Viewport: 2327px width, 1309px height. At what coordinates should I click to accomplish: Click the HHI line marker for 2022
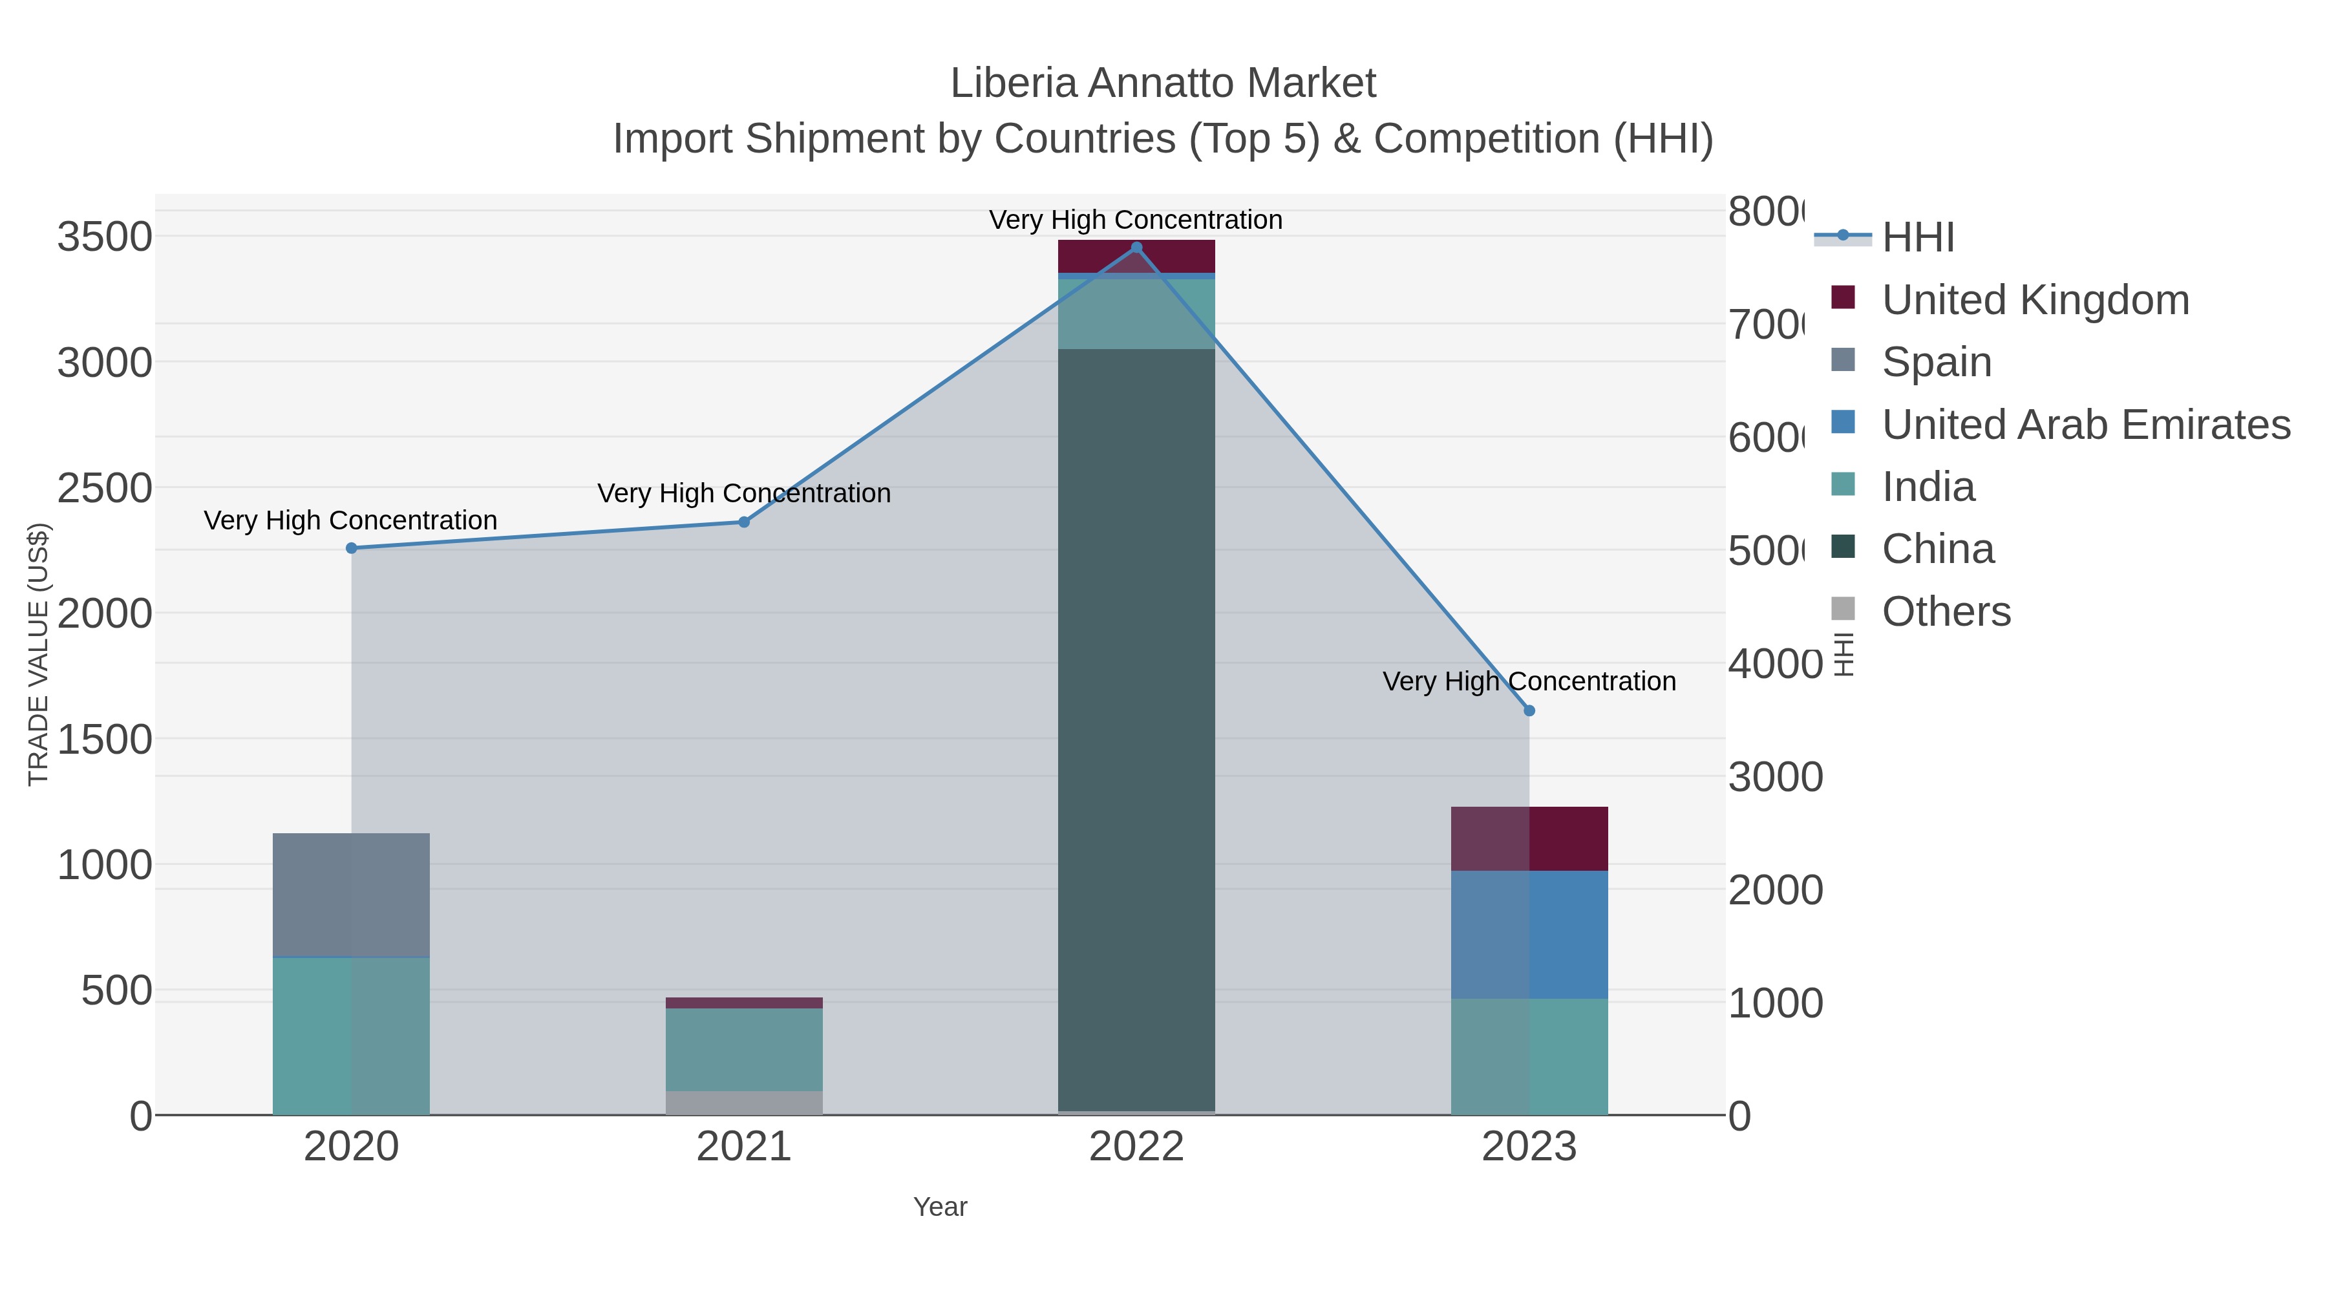coord(1136,248)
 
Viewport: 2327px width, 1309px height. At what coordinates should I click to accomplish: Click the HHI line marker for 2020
coord(352,548)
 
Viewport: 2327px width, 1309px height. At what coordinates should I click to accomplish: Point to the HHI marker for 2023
coord(1529,711)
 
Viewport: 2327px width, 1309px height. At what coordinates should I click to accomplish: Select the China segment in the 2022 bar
coord(1136,723)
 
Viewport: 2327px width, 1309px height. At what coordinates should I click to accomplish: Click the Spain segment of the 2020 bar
coord(352,895)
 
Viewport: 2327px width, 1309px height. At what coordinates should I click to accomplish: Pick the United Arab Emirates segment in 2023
coord(1529,934)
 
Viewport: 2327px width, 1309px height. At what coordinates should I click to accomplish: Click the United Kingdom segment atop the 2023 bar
coord(1529,838)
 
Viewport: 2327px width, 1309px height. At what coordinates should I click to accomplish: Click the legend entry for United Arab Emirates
coord(2085,425)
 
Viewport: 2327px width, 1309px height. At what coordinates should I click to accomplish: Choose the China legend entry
coord(1938,549)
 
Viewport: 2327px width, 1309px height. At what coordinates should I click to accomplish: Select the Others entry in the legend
coord(1946,612)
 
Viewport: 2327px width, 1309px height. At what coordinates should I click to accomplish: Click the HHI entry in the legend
coord(1918,238)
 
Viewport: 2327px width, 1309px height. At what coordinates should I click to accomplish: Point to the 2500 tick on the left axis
coord(105,488)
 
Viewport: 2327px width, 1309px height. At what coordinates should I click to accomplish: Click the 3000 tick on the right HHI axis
coord(1775,777)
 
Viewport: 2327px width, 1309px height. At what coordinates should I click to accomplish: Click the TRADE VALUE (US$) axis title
coord(38,654)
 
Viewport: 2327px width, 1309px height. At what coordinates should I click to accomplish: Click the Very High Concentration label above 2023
coord(1529,681)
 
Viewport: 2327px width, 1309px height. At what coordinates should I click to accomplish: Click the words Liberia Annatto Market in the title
coord(1163,83)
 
